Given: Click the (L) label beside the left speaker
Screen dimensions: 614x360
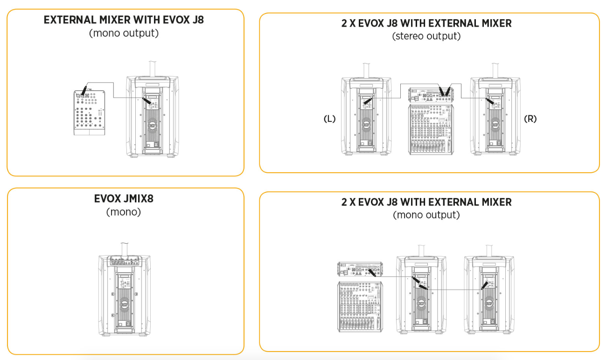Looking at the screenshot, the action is click(x=329, y=119).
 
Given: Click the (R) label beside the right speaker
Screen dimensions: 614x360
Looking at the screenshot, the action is click(x=530, y=119).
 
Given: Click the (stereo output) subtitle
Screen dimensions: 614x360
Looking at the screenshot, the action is click(x=426, y=36).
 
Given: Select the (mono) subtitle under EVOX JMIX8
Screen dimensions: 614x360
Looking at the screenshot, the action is click(x=124, y=212).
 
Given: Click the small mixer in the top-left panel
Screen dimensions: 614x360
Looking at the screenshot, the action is click(x=90, y=113).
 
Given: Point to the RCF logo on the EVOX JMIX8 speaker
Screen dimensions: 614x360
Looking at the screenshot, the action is click(x=125, y=304).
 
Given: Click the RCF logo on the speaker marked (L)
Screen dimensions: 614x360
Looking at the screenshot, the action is click(x=366, y=125).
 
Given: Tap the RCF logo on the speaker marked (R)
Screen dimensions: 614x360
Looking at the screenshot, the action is click(x=495, y=125).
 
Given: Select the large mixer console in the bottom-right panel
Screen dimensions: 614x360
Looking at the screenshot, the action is click(x=360, y=306).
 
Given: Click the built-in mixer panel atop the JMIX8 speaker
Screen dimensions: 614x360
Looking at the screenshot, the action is click(x=125, y=261).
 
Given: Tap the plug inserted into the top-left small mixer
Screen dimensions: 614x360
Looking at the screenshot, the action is click(x=84, y=90).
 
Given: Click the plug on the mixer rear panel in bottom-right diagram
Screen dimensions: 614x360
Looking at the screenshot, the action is click(x=372, y=273).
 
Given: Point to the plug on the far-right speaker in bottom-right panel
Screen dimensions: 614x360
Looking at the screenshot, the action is click(x=485, y=285).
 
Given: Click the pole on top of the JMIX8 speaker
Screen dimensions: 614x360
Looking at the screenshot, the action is click(x=125, y=250).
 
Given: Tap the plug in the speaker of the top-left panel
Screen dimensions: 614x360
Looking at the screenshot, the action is click(x=147, y=101).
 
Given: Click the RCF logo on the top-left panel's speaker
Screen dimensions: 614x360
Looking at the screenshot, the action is click(x=153, y=126).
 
